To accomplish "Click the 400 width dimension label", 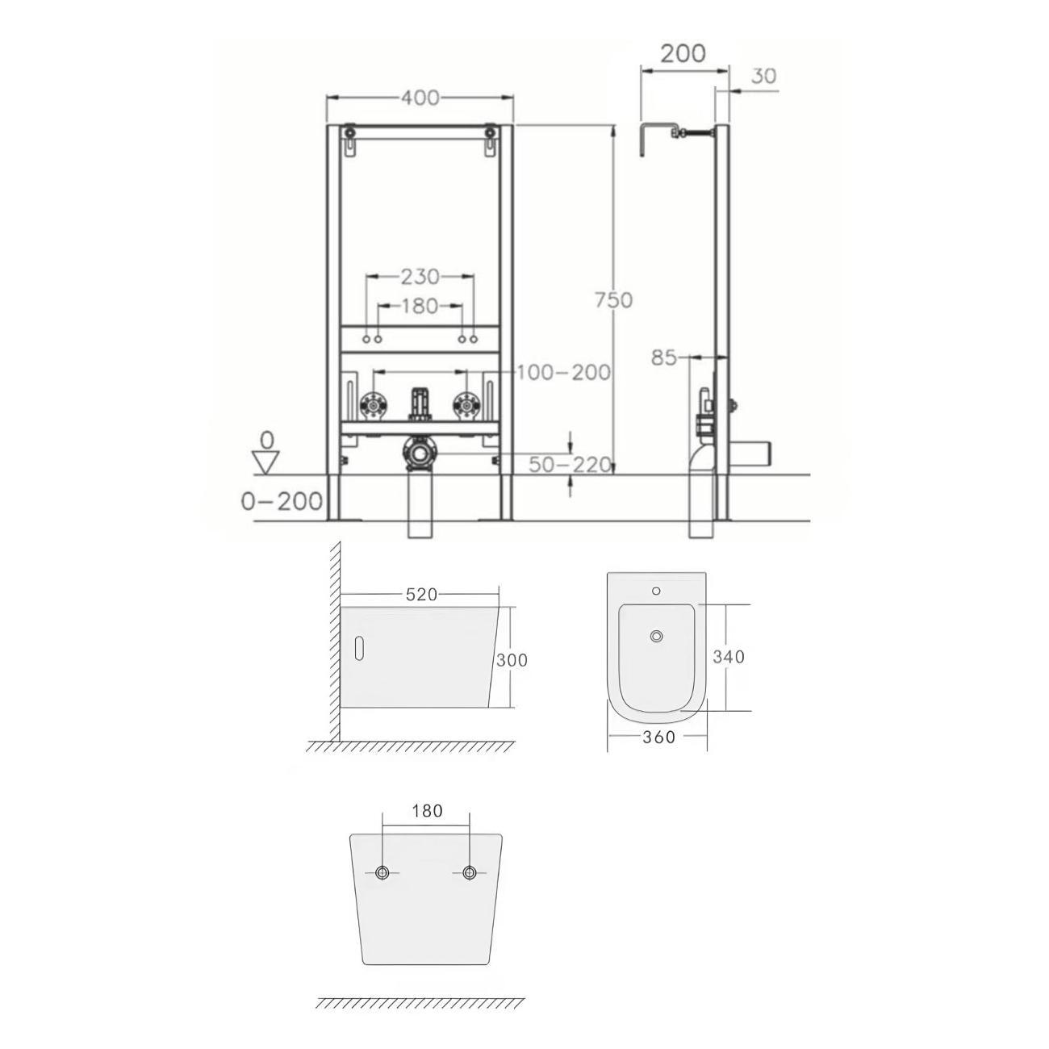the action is point(420,98).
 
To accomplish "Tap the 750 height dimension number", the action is point(613,300).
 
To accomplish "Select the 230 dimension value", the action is point(420,277).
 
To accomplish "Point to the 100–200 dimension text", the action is point(563,372).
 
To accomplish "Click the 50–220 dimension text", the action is point(570,465).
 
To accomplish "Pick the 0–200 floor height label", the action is point(282,501).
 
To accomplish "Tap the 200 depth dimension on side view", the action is point(683,53).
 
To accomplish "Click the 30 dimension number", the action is point(763,76).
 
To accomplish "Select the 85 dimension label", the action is point(663,358).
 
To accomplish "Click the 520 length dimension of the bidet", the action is point(422,595).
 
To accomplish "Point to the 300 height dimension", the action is point(512,660).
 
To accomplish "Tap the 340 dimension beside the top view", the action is point(729,657).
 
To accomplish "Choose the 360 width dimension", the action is point(658,737).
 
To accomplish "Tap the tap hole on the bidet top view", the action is point(656,591).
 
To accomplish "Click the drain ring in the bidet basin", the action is point(658,636).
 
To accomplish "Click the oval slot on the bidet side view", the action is point(359,648).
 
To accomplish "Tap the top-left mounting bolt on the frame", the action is point(349,132).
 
